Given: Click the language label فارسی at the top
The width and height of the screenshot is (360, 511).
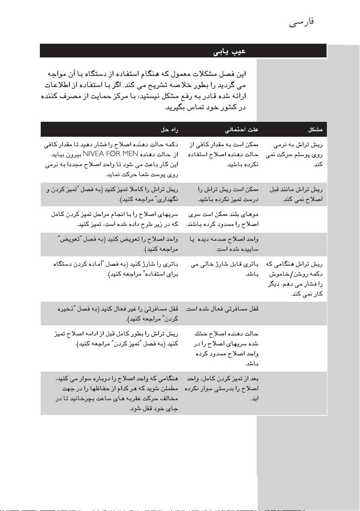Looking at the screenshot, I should (x=302, y=22).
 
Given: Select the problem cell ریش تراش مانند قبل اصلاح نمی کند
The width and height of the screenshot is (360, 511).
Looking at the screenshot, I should (x=296, y=194).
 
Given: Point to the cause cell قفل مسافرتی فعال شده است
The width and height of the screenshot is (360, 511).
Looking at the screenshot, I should (x=222, y=309).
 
